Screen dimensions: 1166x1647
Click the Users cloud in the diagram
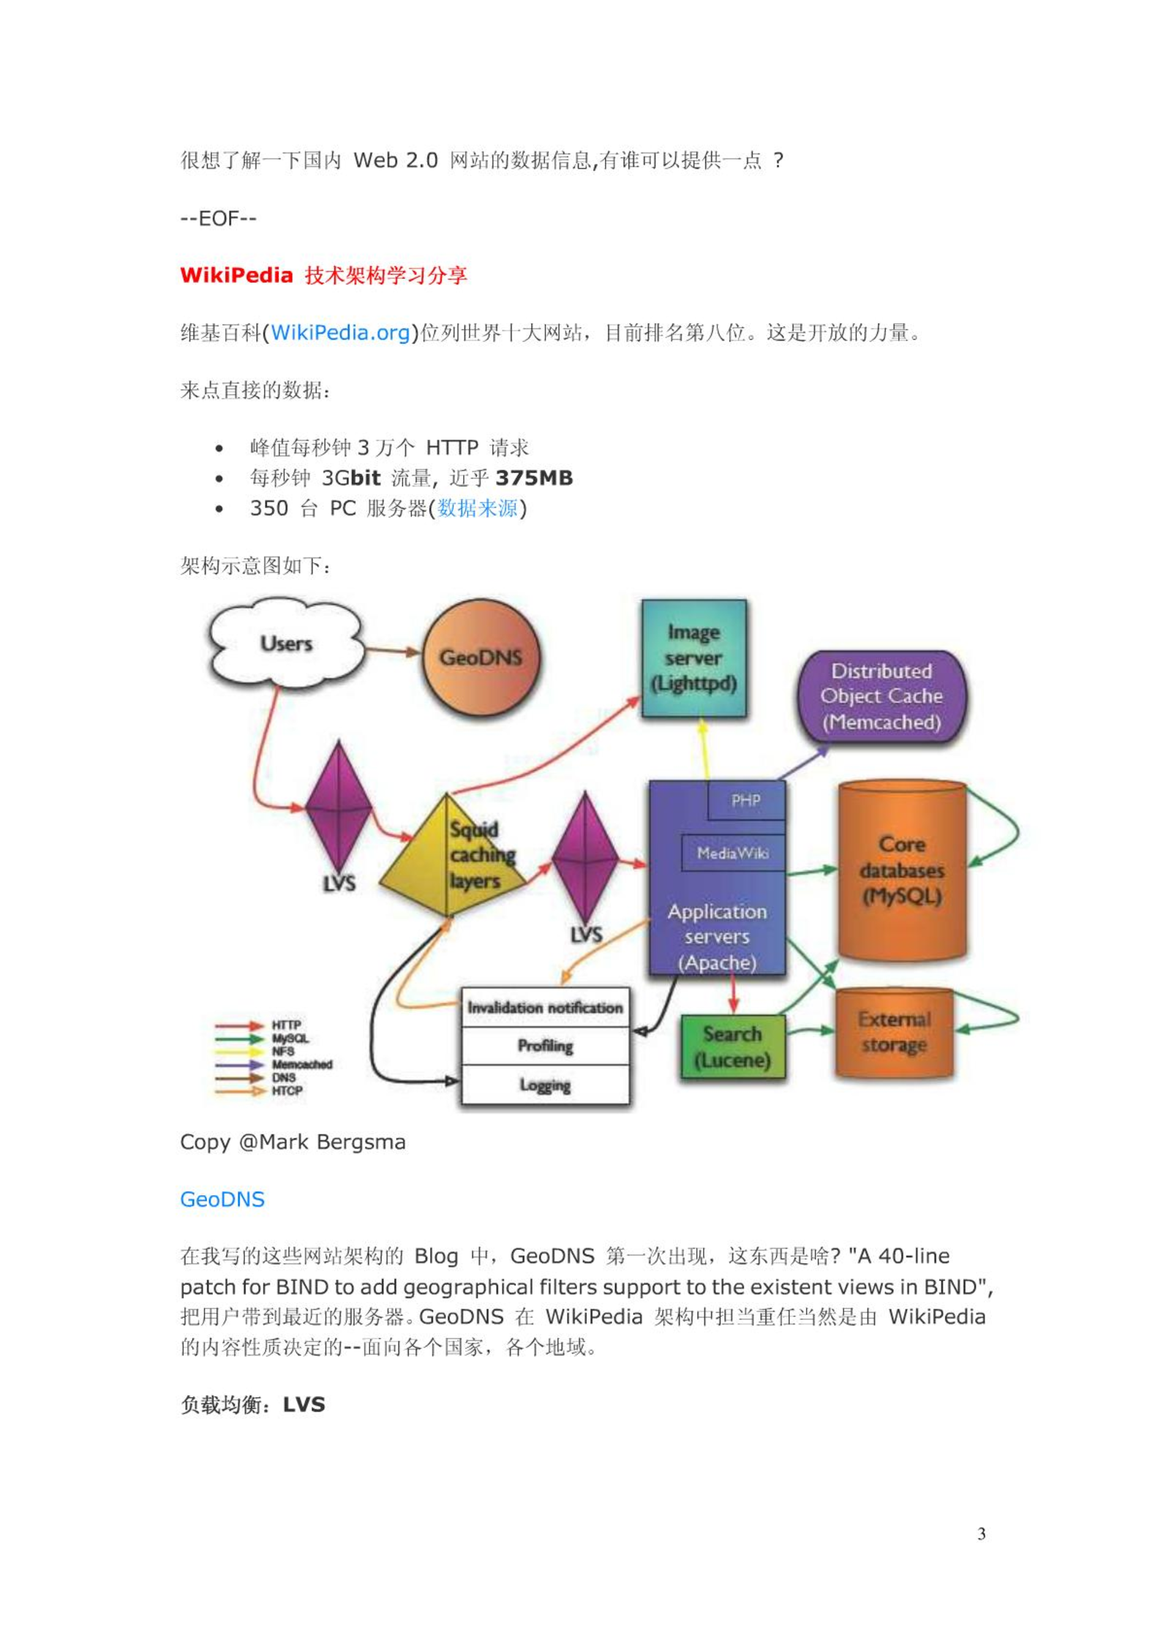point(286,644)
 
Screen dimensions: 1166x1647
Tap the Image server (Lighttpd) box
point(693,658)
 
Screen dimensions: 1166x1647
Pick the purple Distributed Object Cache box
point(881,697)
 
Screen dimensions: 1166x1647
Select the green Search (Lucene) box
point(733,1047)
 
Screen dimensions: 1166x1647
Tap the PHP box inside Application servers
point(746,801)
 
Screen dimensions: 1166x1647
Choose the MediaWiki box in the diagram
point(733,853)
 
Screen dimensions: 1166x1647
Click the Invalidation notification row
point(545,1008)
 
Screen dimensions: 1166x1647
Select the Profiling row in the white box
point(545,1046)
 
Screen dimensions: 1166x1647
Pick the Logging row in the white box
point(545,1085)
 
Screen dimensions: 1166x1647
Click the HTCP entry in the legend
point(287,1090)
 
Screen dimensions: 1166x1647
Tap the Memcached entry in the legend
point(301,1064)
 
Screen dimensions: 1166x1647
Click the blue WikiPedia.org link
point(339,333)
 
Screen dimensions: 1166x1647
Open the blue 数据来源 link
point(478,508)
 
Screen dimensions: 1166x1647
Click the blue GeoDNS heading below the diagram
point(222,1199)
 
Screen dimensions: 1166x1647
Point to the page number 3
point(982,1534)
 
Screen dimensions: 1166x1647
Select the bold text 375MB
point(534,478)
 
